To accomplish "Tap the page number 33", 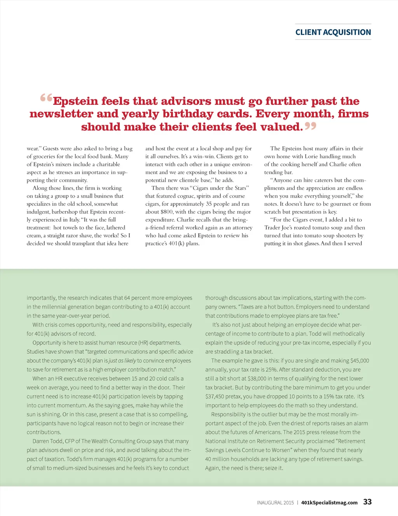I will (367, 502).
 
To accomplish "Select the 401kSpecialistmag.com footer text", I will (329, 502).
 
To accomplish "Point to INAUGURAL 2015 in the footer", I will (275, 502).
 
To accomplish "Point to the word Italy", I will (74, 220).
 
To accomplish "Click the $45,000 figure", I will (359, 361).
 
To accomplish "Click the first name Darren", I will (41, 441).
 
